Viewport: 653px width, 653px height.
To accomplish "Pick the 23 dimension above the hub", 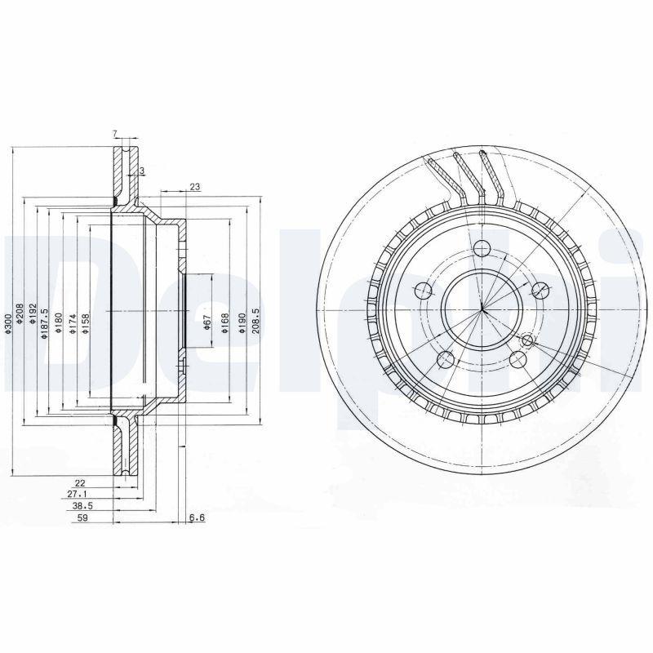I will (x=194, y=187).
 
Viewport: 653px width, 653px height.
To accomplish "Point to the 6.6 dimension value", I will (x=196, y=518).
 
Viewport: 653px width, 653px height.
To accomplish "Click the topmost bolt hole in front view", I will (x=481, y=251).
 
